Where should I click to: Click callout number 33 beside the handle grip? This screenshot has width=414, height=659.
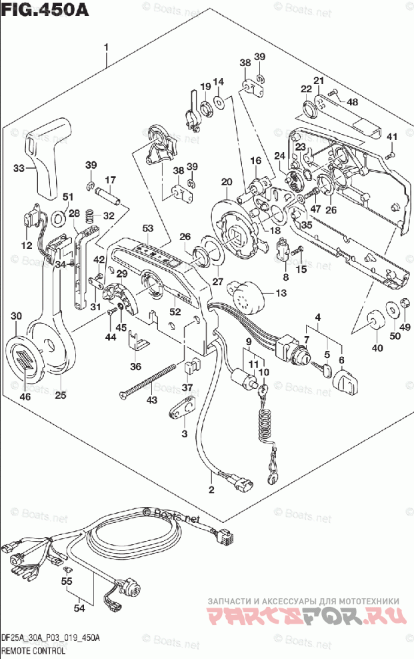pyautogui.click(x=20, y=168)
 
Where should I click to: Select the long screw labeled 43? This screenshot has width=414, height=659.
pyautogui.click(x=150, y=386)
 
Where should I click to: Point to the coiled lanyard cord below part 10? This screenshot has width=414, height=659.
pyautogui.click(x=265, y=424)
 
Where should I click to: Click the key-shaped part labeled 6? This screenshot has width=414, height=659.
pyautogui.click(x=345, y=381)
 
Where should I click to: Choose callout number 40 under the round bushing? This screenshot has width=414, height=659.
pyautogui.click(x=377, y=348)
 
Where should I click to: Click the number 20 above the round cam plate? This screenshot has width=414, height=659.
pyautogui.click(x=227, y=181)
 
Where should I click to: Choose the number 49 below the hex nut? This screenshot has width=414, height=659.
pyautogui.click(x=405, y=326)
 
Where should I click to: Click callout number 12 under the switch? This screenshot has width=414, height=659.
pyautogui.click(x=26, y=245)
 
